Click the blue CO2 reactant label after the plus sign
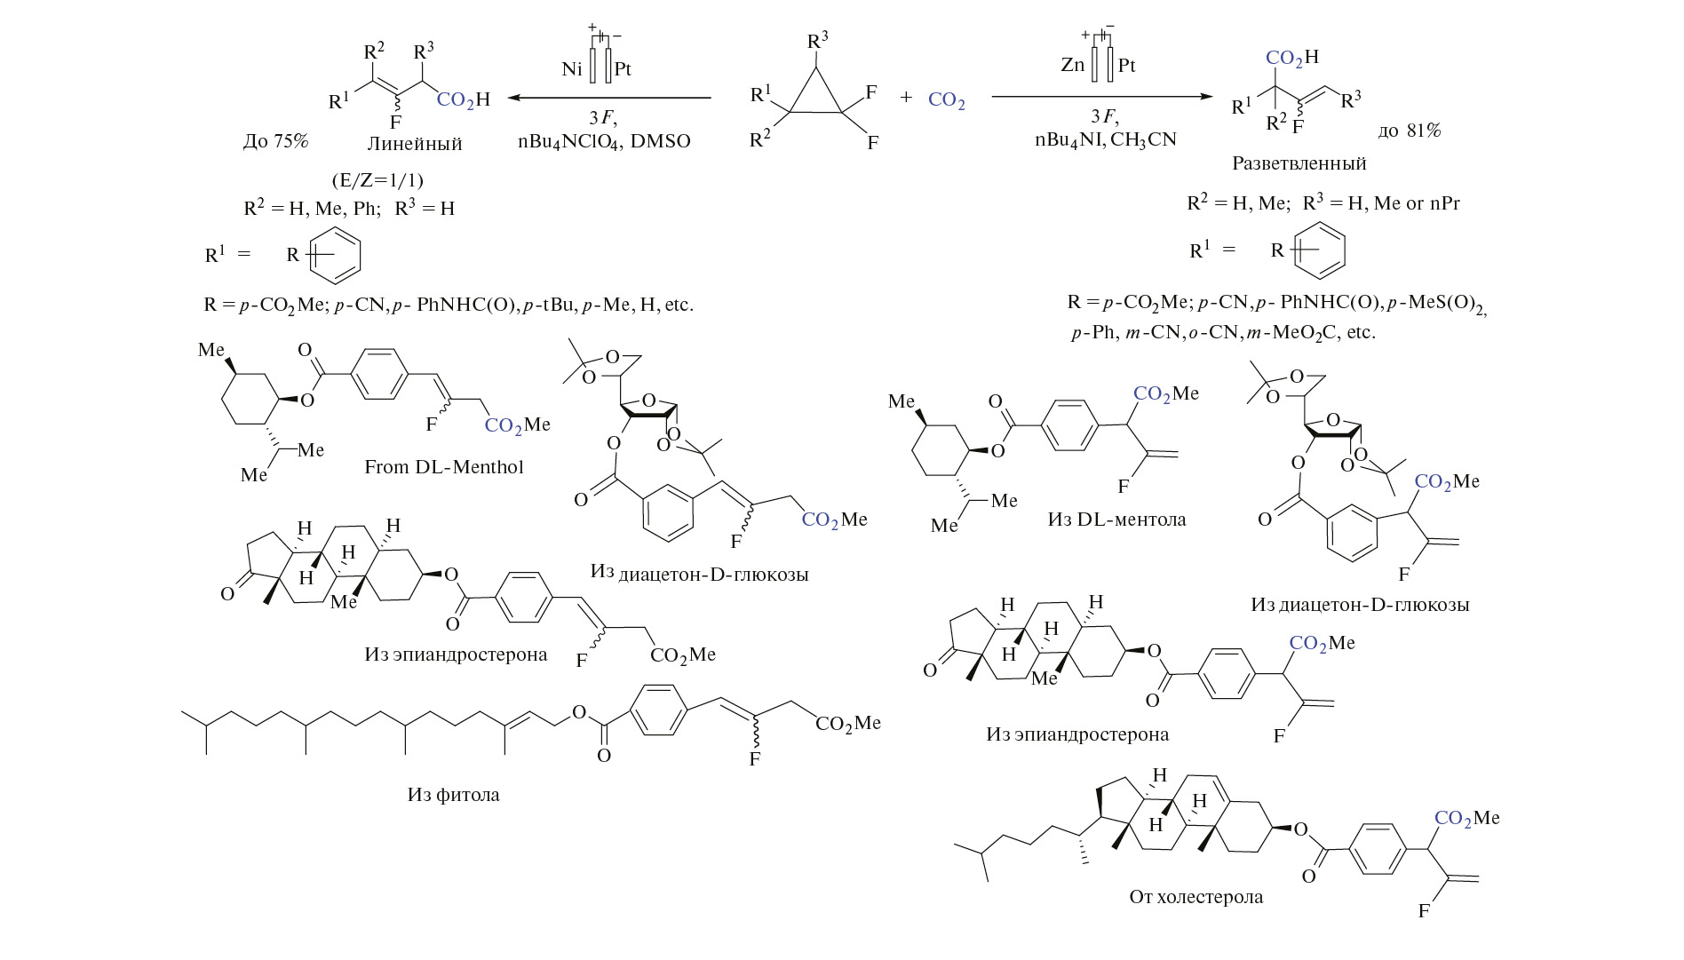(946, 100)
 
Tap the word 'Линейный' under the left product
(415, 144)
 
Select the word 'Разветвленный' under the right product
(1299, 163)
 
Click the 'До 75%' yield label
(275, 141)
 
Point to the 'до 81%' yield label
(1410, 131)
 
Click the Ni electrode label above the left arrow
(572, 68)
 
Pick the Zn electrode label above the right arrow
(1072, 65)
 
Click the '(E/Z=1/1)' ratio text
(377, 180)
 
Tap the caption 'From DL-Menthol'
(443, 467)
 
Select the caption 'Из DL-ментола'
(1116, 520)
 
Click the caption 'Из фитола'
(453, 795)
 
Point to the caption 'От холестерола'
(1195, 897)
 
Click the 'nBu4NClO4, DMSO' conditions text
(604, 141)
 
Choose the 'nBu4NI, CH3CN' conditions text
(1105, 139)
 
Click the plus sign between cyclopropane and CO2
(906, 98)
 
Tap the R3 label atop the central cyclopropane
(817, 41)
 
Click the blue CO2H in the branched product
(1292, 59)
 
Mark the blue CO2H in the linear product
(463, 99)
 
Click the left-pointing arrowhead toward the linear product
(513, 98)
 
